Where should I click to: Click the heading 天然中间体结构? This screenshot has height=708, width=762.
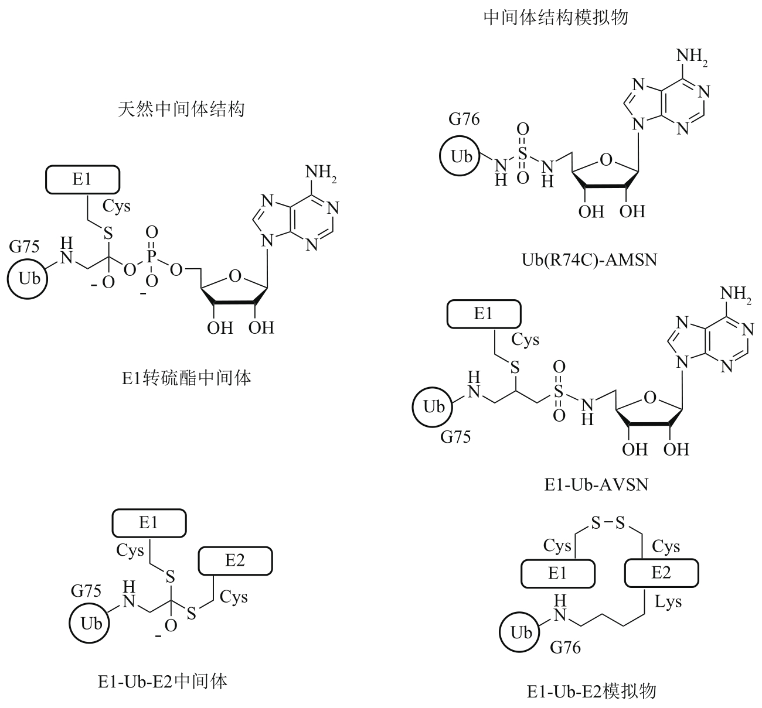(181, 110)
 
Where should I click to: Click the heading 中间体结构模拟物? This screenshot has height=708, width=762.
(556, 17)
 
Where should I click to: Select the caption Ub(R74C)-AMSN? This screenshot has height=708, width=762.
(589, 260)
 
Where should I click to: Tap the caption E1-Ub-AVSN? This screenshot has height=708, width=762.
(596, 484)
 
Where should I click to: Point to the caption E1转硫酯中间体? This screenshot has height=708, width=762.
(186, 378)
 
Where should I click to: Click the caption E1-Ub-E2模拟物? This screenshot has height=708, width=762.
(591, 691)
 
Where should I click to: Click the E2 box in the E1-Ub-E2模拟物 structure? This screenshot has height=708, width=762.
(661, 573)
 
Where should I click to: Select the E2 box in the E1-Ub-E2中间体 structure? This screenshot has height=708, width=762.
(235, 561)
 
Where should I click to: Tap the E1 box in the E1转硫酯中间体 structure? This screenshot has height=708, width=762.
(83, 179)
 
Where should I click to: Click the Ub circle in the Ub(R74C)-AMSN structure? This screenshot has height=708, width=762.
(460, 156)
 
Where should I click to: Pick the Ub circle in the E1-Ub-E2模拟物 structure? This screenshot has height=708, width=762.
(519, 632)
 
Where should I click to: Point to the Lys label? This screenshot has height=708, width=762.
(668, 602)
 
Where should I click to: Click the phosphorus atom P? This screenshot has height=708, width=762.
(152, 256)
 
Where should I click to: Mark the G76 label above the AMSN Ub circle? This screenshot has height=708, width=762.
(464, 119)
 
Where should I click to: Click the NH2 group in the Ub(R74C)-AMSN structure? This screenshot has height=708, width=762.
(692, 57)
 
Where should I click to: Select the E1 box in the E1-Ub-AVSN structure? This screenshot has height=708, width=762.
(484, 314)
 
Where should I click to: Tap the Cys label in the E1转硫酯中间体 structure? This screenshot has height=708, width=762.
(116, 207)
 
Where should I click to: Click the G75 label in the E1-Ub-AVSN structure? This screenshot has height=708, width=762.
(455, 437)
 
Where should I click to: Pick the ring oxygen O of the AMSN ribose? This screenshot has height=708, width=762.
(606, 159)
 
